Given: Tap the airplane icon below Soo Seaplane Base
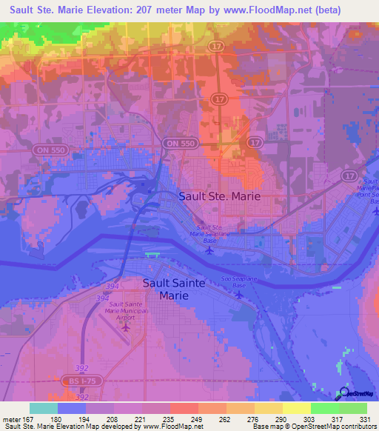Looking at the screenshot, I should point(238,294).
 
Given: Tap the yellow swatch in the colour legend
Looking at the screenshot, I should point(296,408).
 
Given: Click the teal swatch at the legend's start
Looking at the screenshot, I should point(44,408).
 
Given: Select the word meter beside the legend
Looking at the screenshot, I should point(14,420).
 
